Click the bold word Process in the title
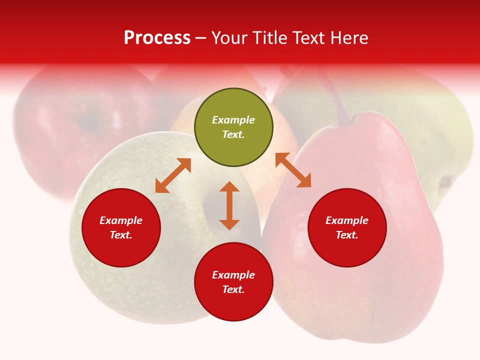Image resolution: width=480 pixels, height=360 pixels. [x=157, y=38]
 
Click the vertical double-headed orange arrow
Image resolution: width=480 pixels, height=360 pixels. [x=229, y=205]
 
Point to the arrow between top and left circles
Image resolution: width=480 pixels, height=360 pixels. [x=173, y=175]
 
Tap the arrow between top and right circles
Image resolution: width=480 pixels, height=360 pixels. [x=293, y=170]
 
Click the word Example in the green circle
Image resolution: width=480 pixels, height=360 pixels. [x=233, y=120]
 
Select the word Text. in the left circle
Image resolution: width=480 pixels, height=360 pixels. [x=121, y=235]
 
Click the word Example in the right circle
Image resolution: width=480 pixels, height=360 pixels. [x=347, y=220]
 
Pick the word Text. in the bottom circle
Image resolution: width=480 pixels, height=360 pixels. [x=233, y=289]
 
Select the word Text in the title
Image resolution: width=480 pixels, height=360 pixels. [x=309, y=38]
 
